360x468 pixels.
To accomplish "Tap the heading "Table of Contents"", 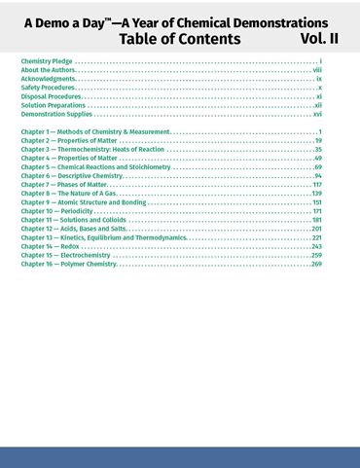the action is pos(179,39).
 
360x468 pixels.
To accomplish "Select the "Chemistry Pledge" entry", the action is pos(47,61).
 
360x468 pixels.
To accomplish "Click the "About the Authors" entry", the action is pos(47,70).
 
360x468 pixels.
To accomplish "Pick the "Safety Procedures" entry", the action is pos(48,88).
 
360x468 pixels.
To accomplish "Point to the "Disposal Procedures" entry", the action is pos(51,96).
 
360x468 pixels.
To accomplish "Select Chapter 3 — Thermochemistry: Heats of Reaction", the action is pos(91,150).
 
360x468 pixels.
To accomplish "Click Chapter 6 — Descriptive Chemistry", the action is pos(72,176).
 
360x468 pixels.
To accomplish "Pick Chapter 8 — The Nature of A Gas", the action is pos(68,194).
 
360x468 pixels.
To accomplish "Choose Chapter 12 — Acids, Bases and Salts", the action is pos(73,229).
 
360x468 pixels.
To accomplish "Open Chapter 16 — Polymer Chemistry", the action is pos(68,264).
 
